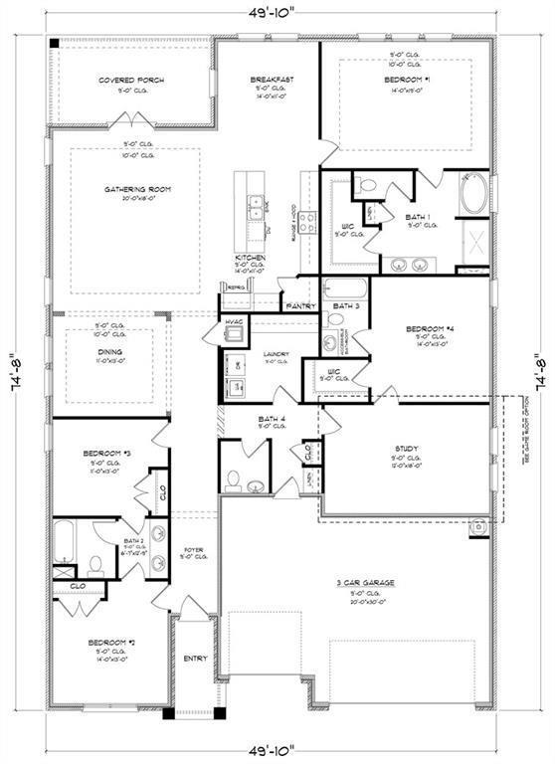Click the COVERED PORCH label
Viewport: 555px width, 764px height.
(131, 81)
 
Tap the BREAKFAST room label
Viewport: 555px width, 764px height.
(270, 80)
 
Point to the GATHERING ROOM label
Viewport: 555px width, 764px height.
(133, 189)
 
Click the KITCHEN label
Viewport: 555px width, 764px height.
(249, 257)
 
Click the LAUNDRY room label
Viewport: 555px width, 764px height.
(276, 353)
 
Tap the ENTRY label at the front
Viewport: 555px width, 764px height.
(195, 659)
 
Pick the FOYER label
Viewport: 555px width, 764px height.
(193, 549)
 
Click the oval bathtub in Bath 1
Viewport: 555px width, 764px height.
(473, 193)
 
